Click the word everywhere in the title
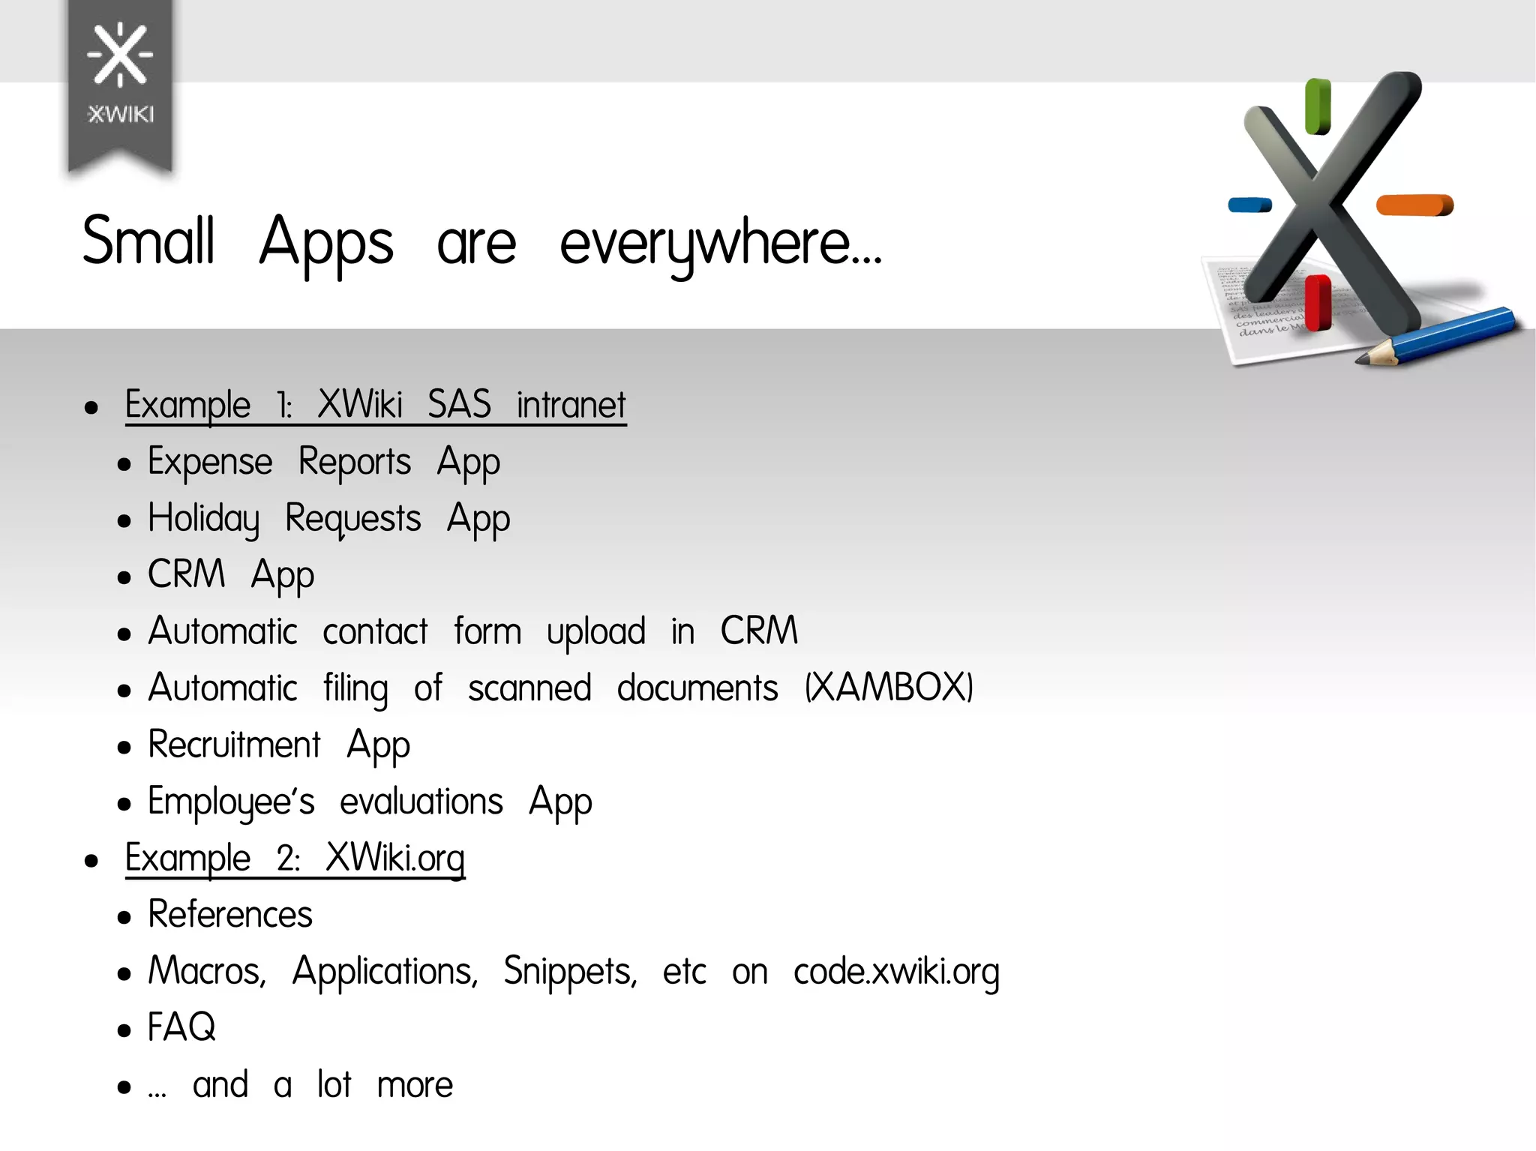(720, 244)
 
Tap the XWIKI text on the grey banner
(121, 114)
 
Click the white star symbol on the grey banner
(120, 54)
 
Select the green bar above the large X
(1318, 106)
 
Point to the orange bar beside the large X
(1414, 205)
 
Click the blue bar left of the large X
(1249, 205)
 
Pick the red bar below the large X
(1318, 301)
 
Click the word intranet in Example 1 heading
(571, 405)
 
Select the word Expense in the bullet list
(210, 462)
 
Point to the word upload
(595, 632)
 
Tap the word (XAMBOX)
(889, 688)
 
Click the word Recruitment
(234, 745)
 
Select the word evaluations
(421, 802)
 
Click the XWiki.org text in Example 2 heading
(395, 858)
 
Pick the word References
(229, 915)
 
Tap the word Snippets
(570, 972)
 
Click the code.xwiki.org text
(896, 972)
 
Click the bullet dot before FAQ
(124, 1030)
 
